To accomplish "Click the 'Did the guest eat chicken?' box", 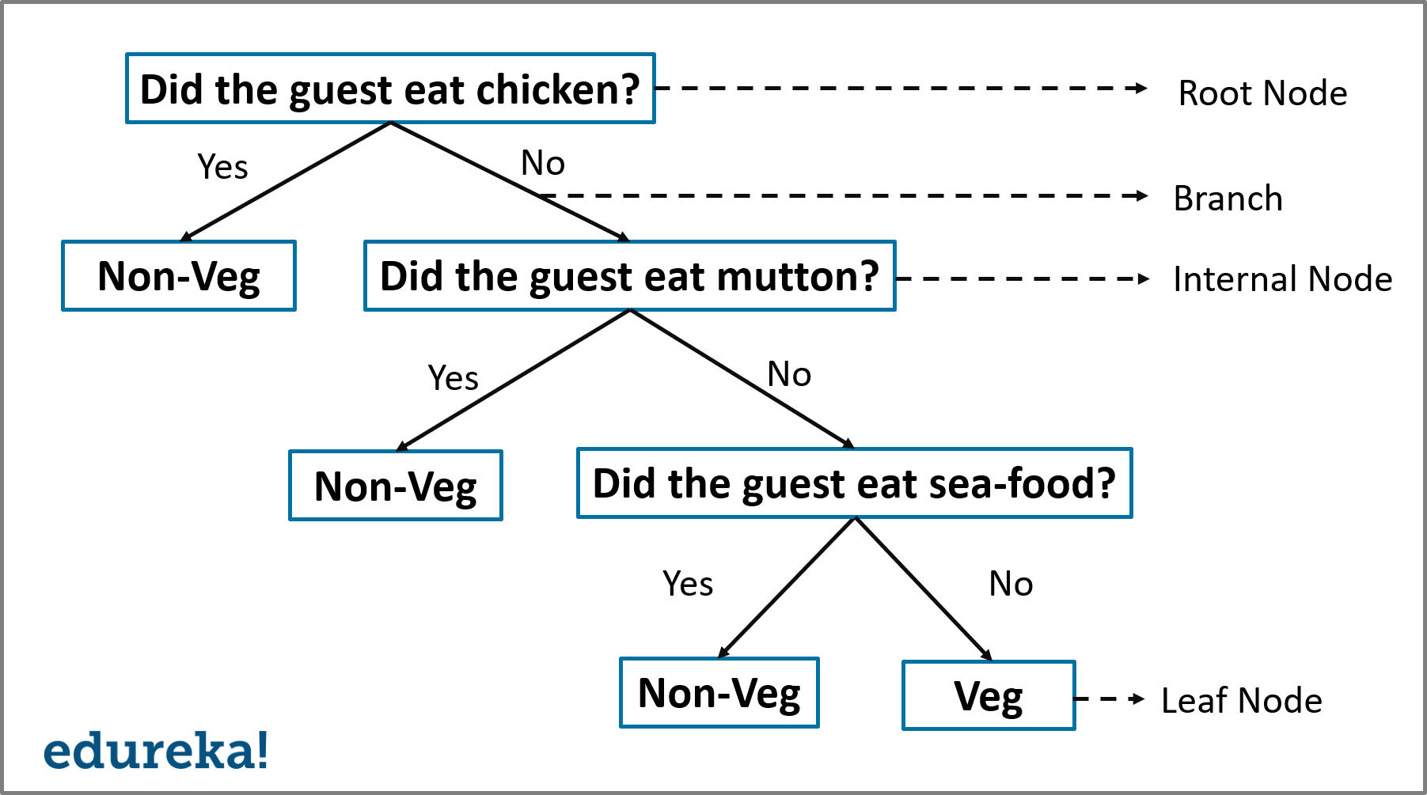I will (x=390, y=89).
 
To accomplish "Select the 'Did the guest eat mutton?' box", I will (x=629, y=276).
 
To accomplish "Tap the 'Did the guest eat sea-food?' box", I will (x=854, y=483).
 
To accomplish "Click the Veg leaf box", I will (x=989, y=695).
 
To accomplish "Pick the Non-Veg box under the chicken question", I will (x=179, y=276).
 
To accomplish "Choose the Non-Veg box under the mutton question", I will (x=395, y=486).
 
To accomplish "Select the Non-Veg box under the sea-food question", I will (x=719, y=693).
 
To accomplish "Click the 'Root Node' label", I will (x=1262, y=93).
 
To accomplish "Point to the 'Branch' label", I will (x=1228, y=198).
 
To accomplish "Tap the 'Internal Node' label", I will (x=1282, y=279).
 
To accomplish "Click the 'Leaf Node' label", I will (x=1241, y=701).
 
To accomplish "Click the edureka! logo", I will (x=156, y=751).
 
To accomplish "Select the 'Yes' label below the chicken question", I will (x=222, y=167).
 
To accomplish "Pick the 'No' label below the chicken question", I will (x=543, y=163).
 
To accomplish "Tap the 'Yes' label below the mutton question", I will (x=453, y=378).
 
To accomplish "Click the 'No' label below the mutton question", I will (x=789, y=374).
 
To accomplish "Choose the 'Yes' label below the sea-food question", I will (x=688, y=585).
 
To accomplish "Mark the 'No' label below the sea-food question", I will (x=1011, y=585).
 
